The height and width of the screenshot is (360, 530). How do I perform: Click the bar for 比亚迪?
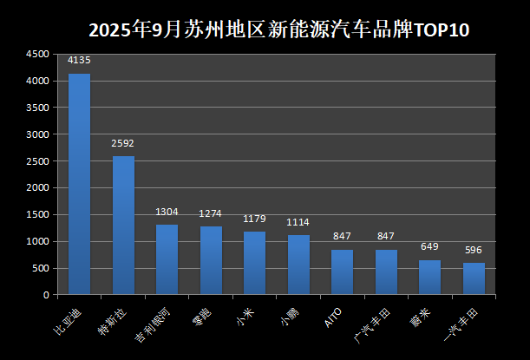tap(79, 184)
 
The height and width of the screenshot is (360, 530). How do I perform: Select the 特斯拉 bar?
tap(123, 226)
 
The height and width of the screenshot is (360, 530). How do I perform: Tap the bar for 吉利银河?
tap(167, 259)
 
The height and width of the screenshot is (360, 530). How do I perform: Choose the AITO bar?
tap(342, 272)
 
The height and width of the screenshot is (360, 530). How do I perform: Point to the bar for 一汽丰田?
tap(474, 278)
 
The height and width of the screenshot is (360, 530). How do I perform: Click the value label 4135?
tap(79, 61)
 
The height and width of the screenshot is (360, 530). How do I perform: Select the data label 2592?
tap(123, 143)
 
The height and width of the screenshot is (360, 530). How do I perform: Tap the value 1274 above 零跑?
tap(211, 213)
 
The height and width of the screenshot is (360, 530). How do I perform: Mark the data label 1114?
tap(298, 222)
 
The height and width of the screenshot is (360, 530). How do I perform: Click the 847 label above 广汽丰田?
tap(386, 237)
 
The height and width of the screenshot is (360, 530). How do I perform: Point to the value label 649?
tap(430, 247)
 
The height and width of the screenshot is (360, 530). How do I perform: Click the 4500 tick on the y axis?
tap(36, 55)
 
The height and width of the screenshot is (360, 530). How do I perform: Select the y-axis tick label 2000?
tap(36, 188)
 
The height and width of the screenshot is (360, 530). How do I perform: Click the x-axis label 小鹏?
tap(288, 314)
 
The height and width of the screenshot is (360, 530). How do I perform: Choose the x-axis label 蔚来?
tap(420, 314)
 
